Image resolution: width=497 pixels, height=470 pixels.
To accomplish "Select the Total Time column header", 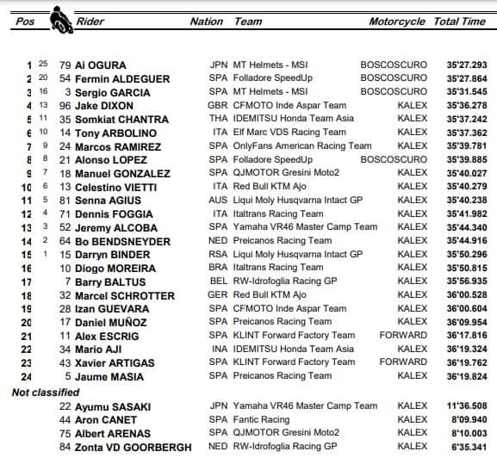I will [x=459, y=22].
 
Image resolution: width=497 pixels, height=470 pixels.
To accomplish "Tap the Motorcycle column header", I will [x=397, y=22].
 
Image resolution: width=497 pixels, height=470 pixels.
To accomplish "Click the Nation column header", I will [x=207, y=22].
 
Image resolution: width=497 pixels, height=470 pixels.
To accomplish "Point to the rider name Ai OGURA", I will [x=102, y=65].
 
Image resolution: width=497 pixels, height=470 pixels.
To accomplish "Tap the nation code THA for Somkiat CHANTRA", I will [x=219, y=119].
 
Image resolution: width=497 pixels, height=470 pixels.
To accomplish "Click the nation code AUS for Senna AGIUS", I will [x=219, y=200].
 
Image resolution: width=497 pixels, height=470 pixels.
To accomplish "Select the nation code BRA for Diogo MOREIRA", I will [x=219, y=268].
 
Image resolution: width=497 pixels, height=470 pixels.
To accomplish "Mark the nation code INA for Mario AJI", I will [x=219, y=349].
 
